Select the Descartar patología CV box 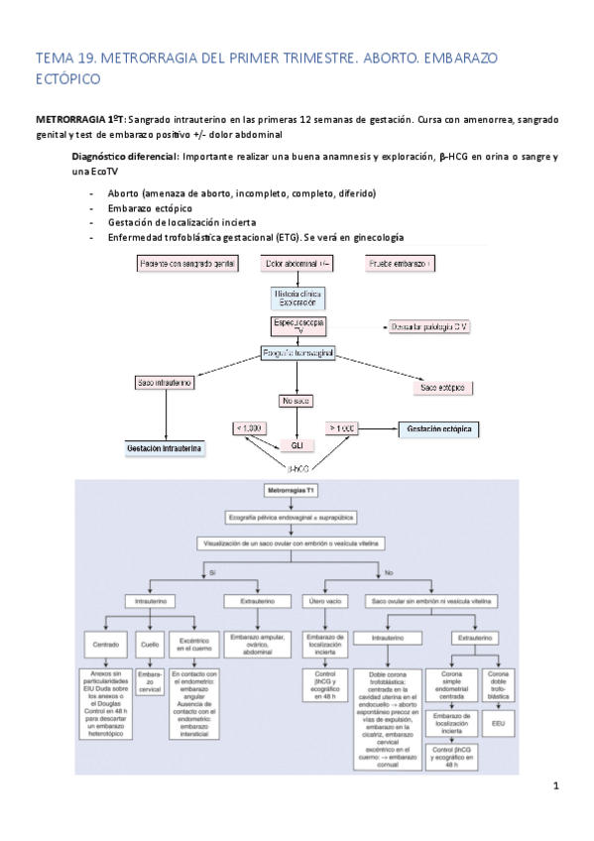427,326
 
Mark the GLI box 297,445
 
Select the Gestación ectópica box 437,429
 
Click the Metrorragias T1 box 296,491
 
